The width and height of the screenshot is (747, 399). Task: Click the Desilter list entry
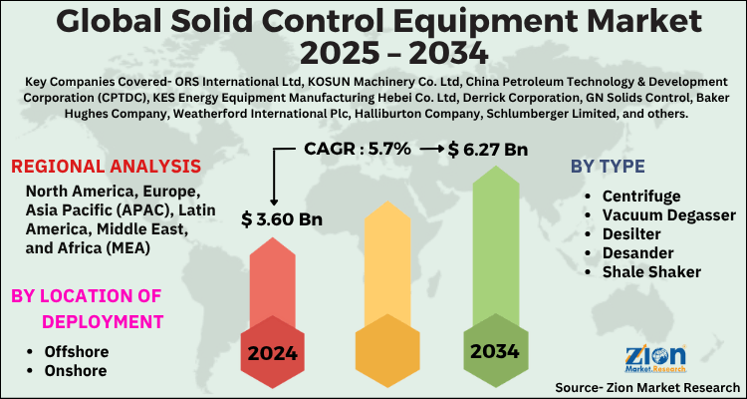tap(632, 234)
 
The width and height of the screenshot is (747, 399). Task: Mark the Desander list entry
tap(638, 253)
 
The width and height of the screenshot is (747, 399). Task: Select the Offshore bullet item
tap(76, 351)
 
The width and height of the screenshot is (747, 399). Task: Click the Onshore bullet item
tap(75, 371)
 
